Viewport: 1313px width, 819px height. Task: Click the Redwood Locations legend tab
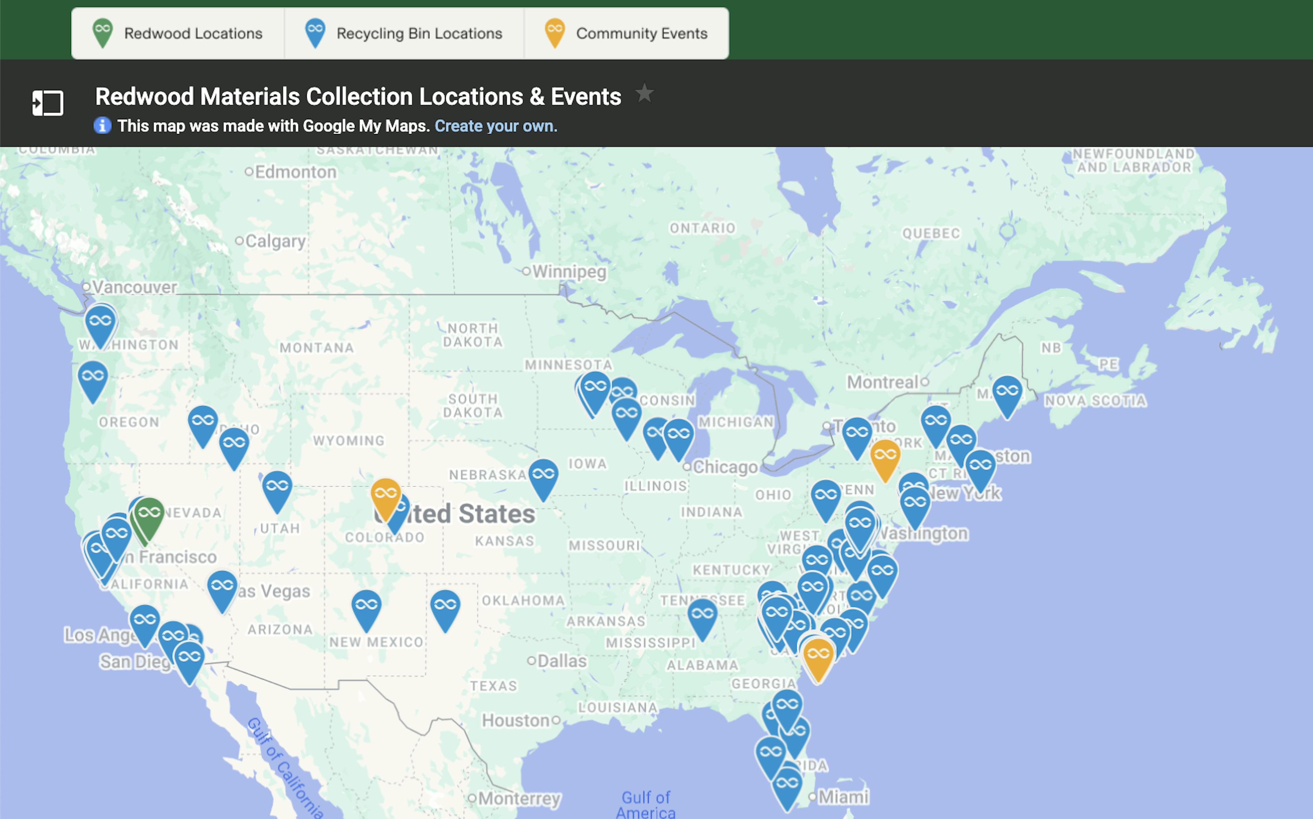[178, 33]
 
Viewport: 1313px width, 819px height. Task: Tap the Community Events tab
[626, 33]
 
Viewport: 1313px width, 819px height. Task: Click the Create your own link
[496, 126]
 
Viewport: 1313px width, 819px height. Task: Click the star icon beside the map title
[644, 94]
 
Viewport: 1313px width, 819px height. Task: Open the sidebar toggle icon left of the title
[48, 103]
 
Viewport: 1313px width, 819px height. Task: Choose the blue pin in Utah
[277, 487]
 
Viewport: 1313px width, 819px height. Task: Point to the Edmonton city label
[295, 172]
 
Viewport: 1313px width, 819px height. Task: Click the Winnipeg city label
[569, 271]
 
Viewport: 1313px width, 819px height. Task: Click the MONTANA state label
[317, 348]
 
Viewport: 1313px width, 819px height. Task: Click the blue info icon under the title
[102, 126]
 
